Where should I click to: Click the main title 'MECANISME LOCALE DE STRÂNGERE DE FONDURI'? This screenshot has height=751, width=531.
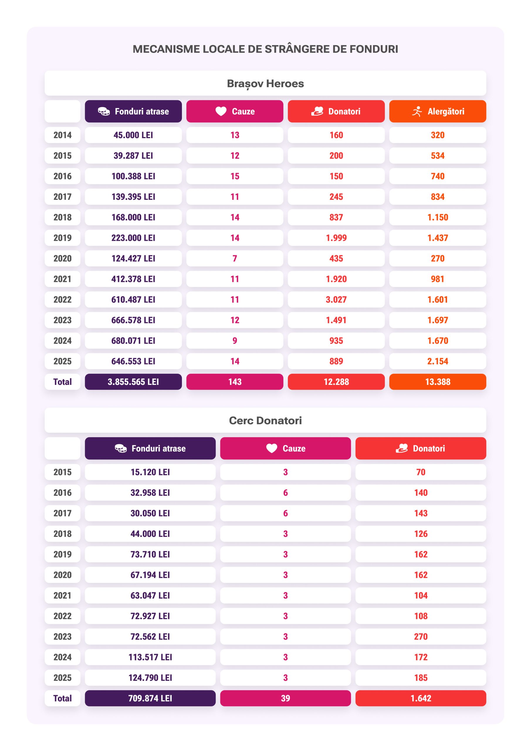[x=265, y=49]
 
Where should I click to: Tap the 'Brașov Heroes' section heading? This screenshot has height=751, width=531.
[x=265, y=83]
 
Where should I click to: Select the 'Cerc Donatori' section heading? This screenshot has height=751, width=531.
[x=265, y=420]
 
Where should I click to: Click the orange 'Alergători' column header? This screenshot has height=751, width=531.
[x=437, y=111]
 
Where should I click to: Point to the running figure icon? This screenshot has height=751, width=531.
[x=417, y=111]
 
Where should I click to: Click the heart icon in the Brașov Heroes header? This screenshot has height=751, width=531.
[x=221, y=111]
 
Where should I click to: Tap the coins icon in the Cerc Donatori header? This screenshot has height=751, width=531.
[x=121, y=448]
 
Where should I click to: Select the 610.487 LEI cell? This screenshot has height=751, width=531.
[x=133, y=300]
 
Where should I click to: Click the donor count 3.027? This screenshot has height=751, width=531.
[x=336, y=300]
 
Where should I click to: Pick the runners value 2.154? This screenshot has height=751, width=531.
[x=437, y=361]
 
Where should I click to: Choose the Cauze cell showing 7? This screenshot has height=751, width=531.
[x=235, y=258]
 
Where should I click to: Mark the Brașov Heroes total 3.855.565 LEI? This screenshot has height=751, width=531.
[x=133, y=382]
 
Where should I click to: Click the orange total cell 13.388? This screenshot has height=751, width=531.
[x=437, y=382]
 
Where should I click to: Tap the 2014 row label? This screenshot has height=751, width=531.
[x=62, y=135]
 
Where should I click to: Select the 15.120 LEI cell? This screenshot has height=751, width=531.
[x=150, y=472]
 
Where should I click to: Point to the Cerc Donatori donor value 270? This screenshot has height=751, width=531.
[x=421, y=637]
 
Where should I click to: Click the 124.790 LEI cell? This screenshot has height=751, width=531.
[x=150, y=678]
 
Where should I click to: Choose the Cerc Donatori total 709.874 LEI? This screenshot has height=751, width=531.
[x=150, y=698]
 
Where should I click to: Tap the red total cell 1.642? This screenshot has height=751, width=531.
[x=421, y=698]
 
